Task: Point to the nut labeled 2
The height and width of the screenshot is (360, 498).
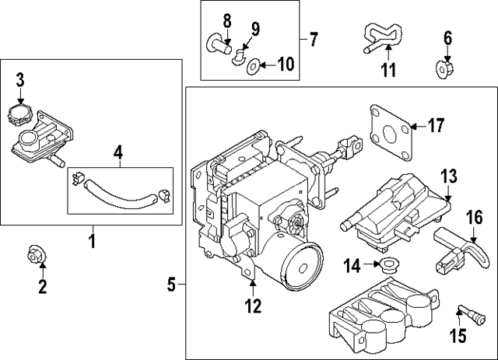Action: [x=35, y=253]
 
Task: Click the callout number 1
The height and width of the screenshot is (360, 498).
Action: [x=91, y=241]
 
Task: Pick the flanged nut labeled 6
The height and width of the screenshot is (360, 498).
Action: [x=447, y=67]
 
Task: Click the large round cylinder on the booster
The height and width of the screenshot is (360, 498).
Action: [x=299, y=264]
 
